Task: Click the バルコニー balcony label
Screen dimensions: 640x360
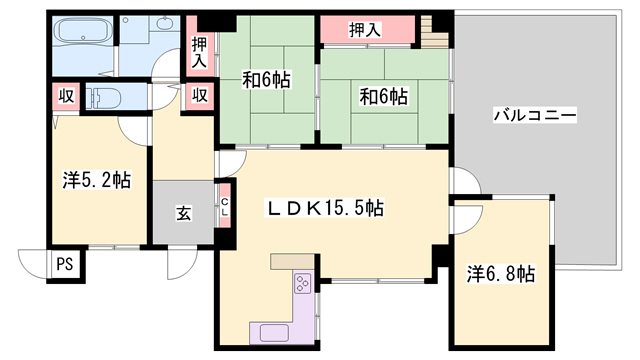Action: click(535, 115)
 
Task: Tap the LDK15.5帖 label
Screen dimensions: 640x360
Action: click(325, 208)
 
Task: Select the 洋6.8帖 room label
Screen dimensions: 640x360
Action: click(500, 274)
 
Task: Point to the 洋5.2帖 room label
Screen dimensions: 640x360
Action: click(97, 180)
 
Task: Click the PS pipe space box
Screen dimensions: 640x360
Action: click(65, 264)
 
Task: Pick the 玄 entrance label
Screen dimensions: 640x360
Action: click(183, 213)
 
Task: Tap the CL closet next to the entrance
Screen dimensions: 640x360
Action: click(225, 206)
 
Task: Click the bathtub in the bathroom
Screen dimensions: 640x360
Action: click(83, 30)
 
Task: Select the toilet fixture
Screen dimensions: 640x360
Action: click(104, 98)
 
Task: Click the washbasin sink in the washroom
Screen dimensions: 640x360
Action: click(166, 23)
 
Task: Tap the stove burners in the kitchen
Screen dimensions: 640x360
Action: click(303, 283)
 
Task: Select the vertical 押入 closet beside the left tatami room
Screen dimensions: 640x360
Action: click(199, 46)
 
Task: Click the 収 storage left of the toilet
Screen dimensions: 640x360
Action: click(66, 96)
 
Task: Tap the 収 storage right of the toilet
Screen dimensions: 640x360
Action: click(200, 96)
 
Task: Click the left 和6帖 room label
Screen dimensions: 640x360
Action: click(266, 80)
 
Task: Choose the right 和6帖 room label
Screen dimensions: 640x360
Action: click(383, 97)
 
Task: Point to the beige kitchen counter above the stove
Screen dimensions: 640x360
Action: click(292, 262)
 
